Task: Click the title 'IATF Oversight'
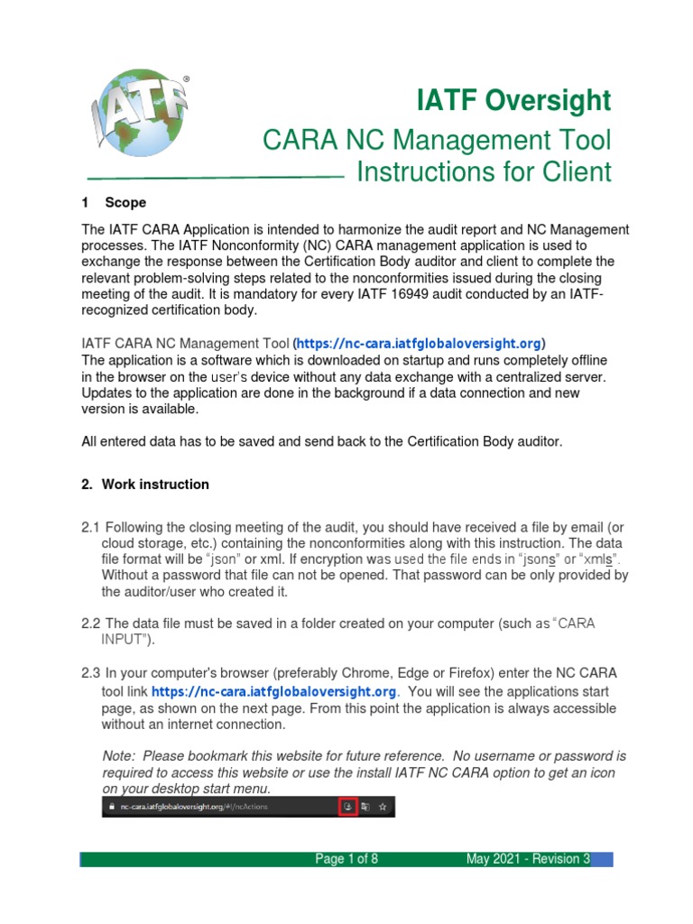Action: pos(513,101)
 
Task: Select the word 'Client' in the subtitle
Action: pos(570,171)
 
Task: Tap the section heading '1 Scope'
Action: pos(114,202)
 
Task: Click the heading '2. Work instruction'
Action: pos(145,485)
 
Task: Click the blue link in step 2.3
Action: pos(274,691)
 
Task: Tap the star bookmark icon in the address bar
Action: pos(383,806)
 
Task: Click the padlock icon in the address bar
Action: pos(111,806)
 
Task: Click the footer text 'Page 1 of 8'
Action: pos(346,859)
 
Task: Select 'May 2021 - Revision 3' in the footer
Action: pos(527,859)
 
